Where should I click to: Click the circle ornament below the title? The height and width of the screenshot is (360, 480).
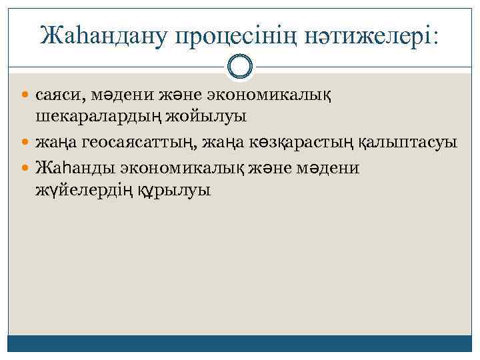(x=239, y=65)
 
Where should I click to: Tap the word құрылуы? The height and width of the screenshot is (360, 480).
(x=173, y=191)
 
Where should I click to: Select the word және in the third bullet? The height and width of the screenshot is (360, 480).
(x=269, y=167)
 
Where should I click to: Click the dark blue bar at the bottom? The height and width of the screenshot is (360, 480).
(x=239, y=343)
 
